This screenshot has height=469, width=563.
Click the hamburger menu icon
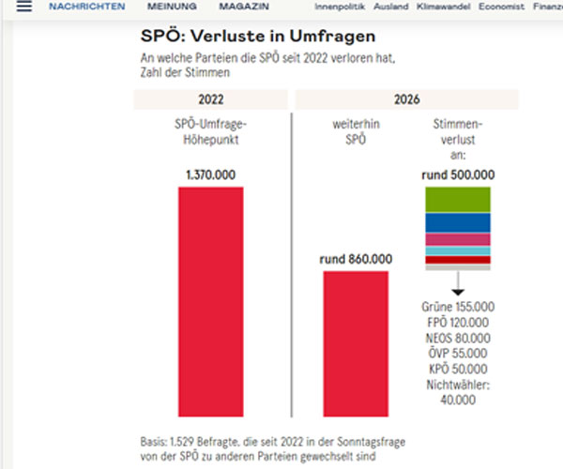pos(23,7)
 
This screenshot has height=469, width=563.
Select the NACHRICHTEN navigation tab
pos(86,7)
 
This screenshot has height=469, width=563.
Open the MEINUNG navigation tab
pos(173,7)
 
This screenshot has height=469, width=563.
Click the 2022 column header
pos(210,99)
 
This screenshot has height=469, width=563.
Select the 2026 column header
pos(407,99)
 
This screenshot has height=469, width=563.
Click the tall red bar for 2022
pos(211,300)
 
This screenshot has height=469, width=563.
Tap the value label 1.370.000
pos(211,174)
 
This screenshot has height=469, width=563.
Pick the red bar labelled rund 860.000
pos(356,342)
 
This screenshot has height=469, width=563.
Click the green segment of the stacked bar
pos(458,200)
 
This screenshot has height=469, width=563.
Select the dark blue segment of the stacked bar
pos(458,223)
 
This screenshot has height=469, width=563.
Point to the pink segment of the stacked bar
pos(458,240)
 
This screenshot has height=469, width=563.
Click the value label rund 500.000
pos(458,174)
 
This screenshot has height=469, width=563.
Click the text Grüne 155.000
pos(458,307)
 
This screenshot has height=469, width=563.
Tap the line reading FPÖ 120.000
pos(458,322)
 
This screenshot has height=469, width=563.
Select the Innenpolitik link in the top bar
pos(339,7)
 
